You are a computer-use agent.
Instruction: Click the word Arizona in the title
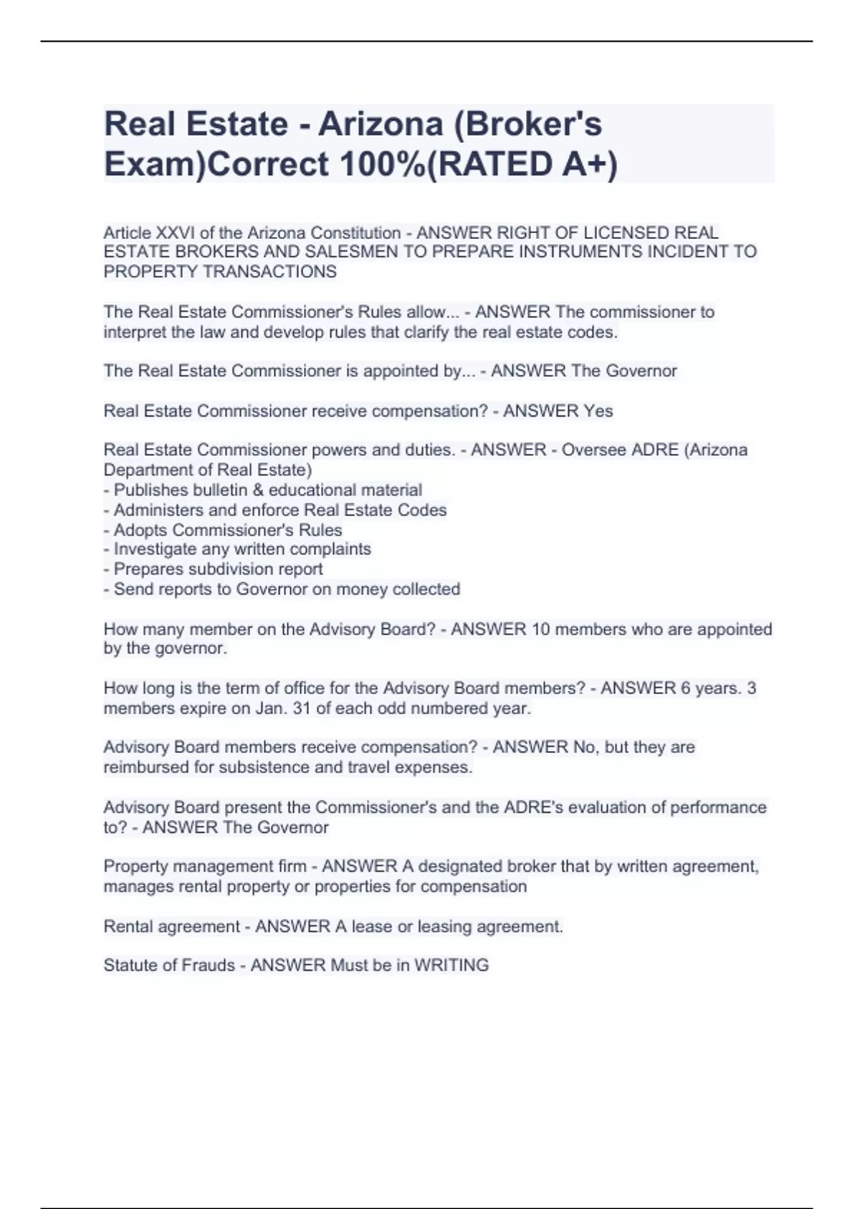pos(381,124)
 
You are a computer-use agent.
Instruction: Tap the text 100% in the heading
pos(379,165)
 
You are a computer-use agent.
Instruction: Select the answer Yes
pos(599,412)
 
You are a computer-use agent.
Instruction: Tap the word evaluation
pos(608,808)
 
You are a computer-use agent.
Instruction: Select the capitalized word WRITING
pos(451,966)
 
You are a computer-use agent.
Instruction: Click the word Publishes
pos(149,491)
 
